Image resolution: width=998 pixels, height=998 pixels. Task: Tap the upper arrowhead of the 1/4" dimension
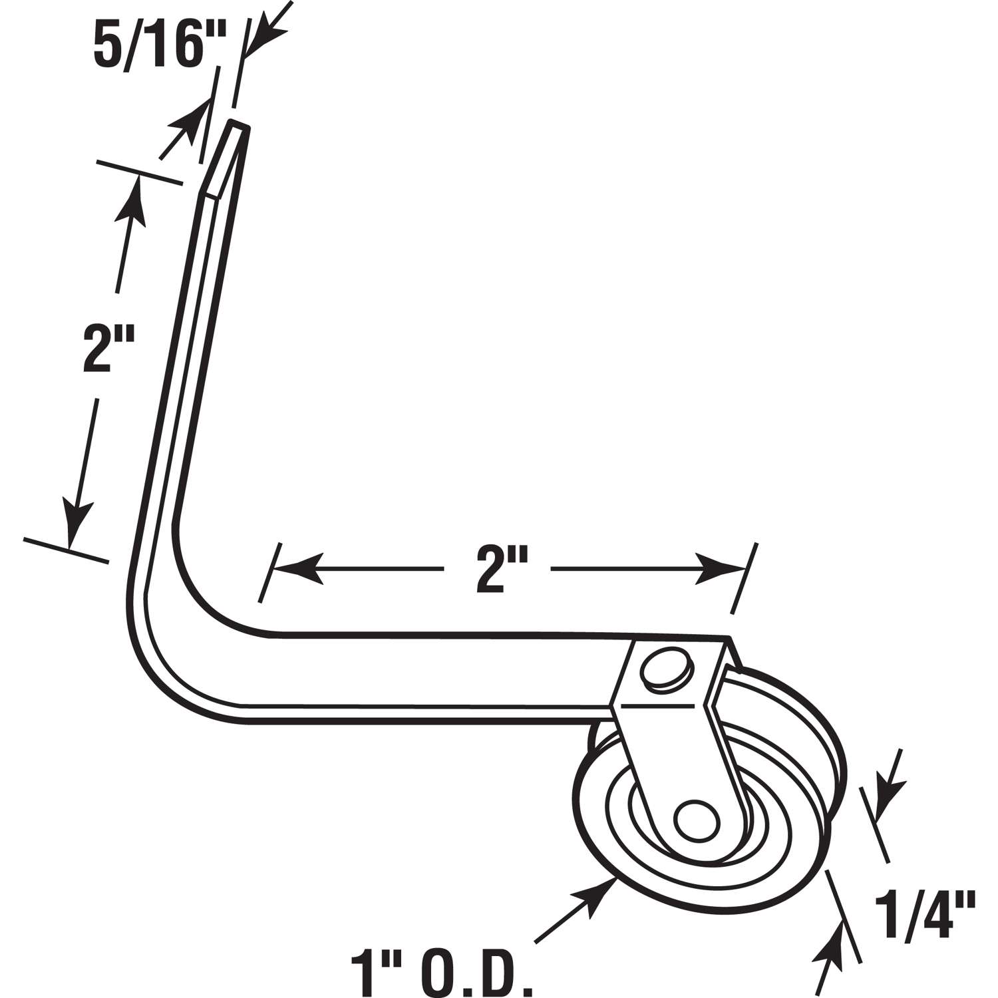pyautogui.click(x=888, y=795)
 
